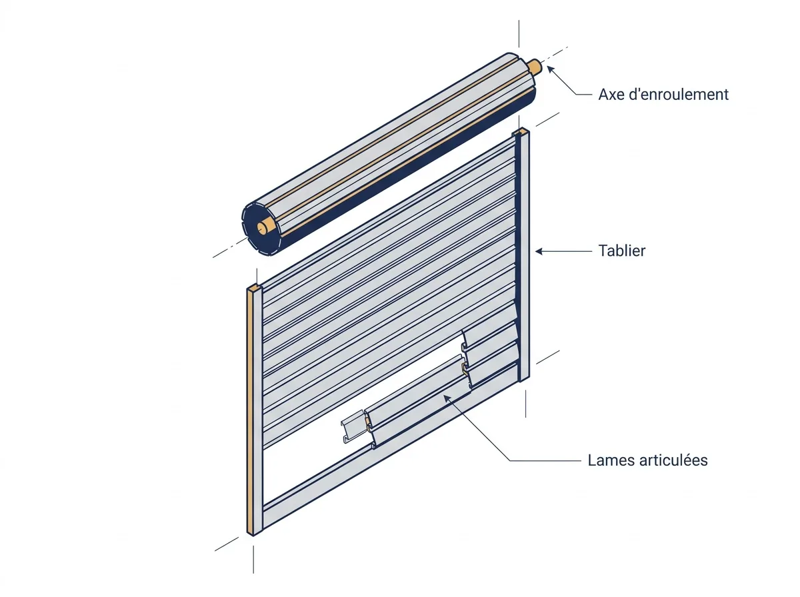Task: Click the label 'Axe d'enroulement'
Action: pyautogui.click(x=663, y=95)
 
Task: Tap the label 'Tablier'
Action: pyautogui.click(x=622, y=251)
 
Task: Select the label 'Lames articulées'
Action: pyautogui.click(x=647, y=460)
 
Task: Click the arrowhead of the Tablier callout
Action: pyautogui.click(x=539, y=251)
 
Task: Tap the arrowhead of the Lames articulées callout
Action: pyautogui.click(x=447, y=398)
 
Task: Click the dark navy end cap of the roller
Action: pyautogui.click(x=261, y=229)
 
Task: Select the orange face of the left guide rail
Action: pyautogui.click(x=251, y=412)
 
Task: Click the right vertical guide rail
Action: pyautogui.click(x=523, y=255)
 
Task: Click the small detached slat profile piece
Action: pyautogui.click(x=353, y=426)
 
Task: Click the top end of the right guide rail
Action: pyautogui.click(x=521, y=131)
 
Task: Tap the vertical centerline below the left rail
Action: pyautogui.click(x=254, y=559)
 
